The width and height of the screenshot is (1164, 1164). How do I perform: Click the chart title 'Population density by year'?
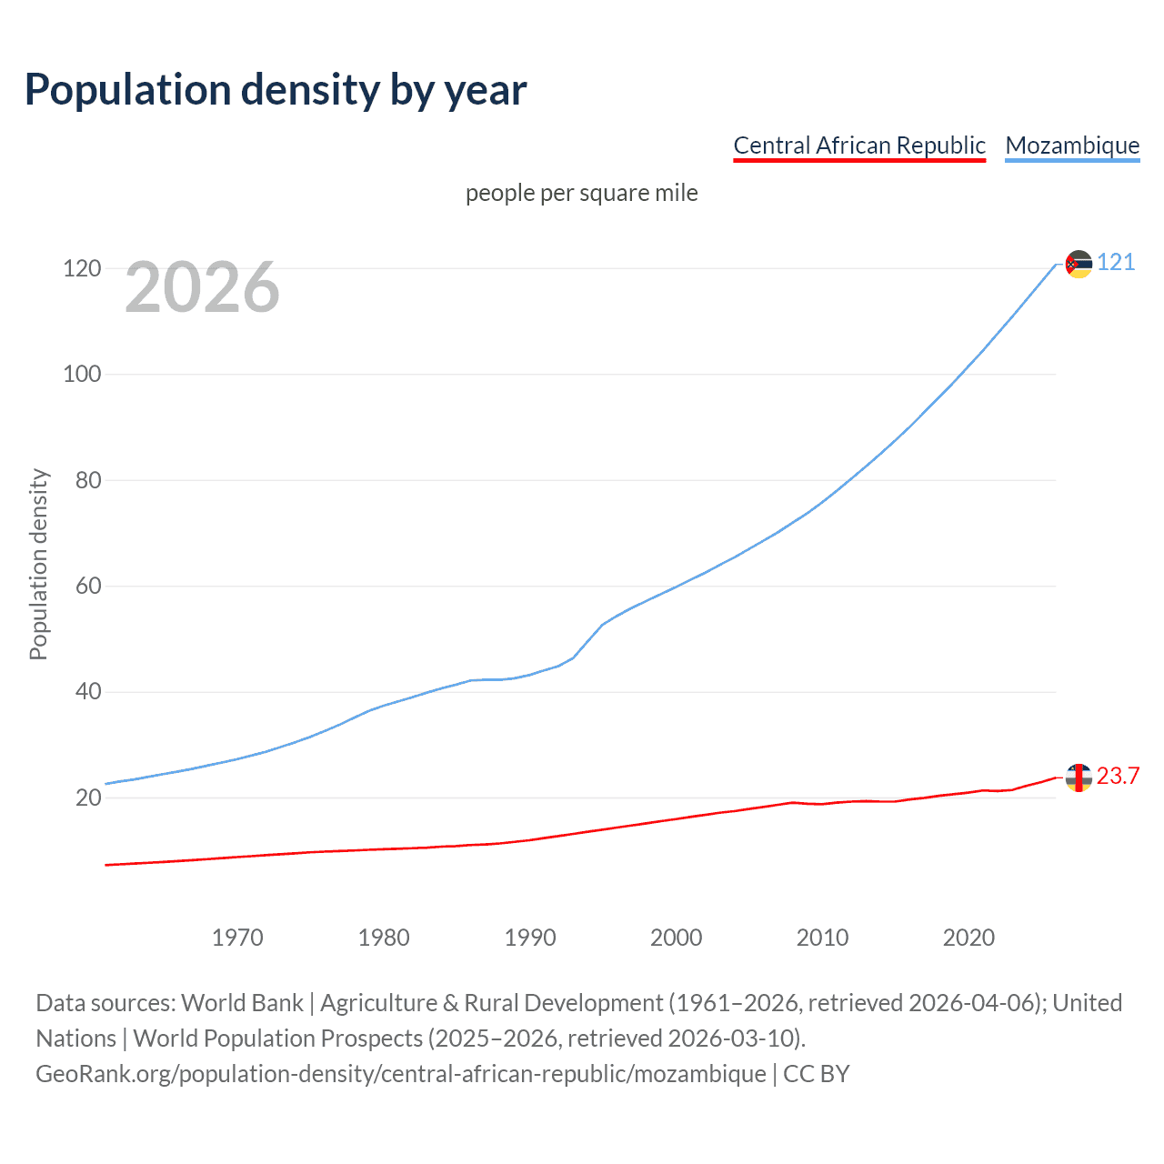276,90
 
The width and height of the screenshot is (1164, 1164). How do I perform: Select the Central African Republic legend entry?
858,145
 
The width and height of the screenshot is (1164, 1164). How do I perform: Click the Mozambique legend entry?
1072,145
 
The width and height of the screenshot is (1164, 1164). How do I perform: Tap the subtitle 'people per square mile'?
581,193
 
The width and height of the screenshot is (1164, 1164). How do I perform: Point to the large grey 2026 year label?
202,287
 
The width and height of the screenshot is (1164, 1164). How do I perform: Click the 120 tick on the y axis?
82,268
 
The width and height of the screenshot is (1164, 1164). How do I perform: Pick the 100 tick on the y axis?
82,374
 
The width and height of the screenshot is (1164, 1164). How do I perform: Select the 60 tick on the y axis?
88,586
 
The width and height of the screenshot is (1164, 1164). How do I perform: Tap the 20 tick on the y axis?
88,798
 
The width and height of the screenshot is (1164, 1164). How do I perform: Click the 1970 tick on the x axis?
237,938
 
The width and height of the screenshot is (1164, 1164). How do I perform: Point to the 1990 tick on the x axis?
530,938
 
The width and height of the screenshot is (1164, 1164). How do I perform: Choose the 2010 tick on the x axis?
822,938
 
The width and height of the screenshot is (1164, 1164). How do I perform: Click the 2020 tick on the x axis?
968,938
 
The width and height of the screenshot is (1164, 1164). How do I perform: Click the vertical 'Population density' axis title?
38,564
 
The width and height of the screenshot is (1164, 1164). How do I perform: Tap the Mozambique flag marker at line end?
1079,264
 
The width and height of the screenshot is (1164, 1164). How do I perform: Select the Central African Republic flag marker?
1079,778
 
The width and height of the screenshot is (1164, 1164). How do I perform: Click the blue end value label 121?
1116,263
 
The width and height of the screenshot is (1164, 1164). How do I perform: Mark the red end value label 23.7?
1118,776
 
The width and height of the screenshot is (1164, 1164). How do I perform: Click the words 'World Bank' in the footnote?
242,1003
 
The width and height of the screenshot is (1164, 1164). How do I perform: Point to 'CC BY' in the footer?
816,1074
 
